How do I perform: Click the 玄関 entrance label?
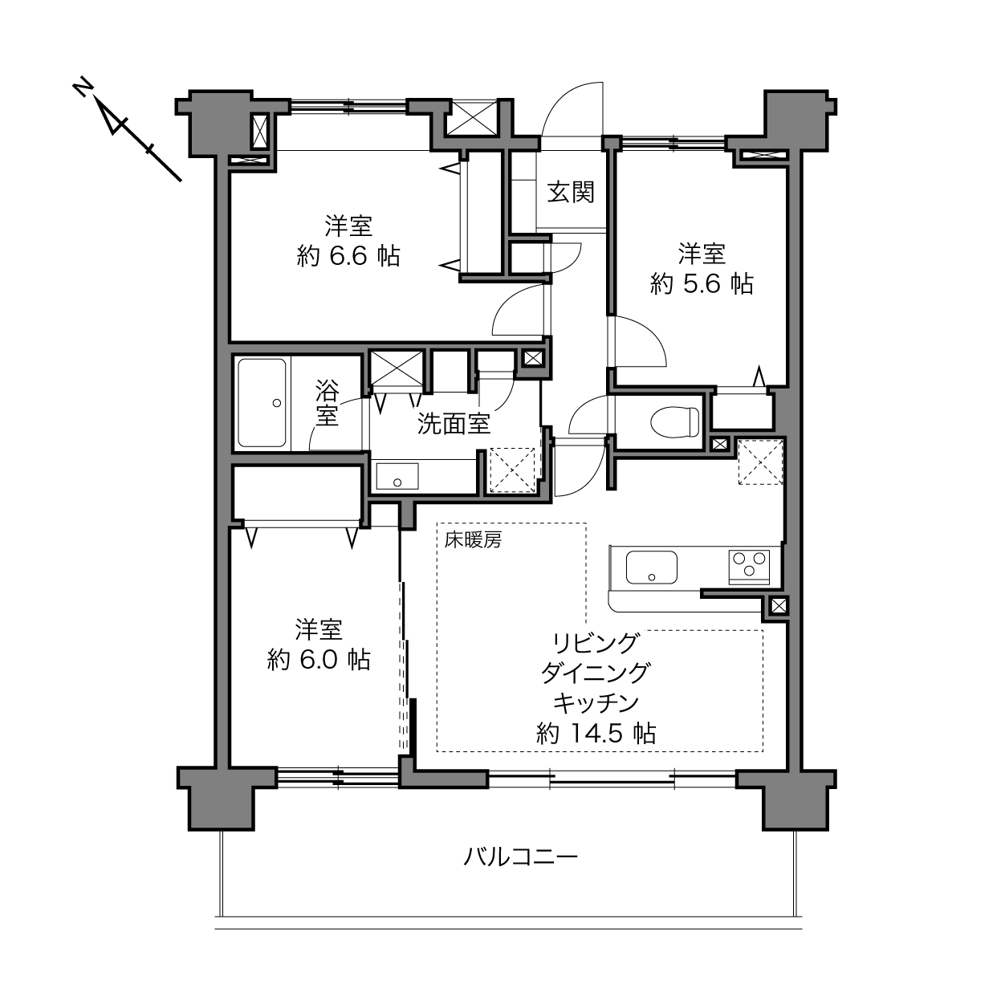pyautogui.click(x=571, y=192)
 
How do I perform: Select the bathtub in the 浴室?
pyautogui.click(x=262, y=403)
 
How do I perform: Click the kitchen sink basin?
pyautogui.click(x=651, y=568)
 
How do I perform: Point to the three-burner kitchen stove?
pyautogui.click(x=749, y=567)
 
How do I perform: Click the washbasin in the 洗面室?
pyautogui.click(x=397, y=476)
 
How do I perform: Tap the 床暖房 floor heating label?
pyautogui.click(x=473, y=540)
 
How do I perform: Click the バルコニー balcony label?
pyautogui.click(x=520, y=856)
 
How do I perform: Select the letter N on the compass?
pyautogui.click(x=83, y=88)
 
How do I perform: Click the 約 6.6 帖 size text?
pyautogui.click(x=348, y=256)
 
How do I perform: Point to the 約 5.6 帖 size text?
pyautogui.click(x=702, y=284)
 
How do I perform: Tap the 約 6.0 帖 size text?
pyautogui.click(x=319, y=660)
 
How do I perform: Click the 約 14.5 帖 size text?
pyautogui.click(x=596, y=734)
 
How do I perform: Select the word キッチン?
pyautogui.click(x=596, y=703)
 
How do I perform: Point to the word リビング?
pyautogui.click(x=596, y=642)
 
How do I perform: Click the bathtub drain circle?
pyautogui.click(x=277, y=403)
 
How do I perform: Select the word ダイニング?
pyautogui.click(x=596, y=673)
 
